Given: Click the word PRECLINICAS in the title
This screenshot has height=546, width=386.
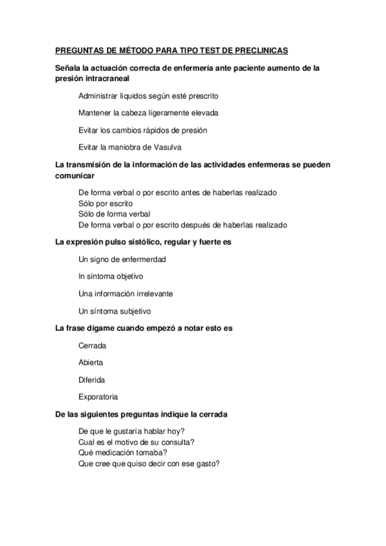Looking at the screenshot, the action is pyautogui.click(x=263, y=50).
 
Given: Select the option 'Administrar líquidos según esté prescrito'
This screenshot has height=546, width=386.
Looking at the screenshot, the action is pyautogui.click(x=148, y=96).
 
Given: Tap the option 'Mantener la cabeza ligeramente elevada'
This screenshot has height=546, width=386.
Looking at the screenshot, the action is pyautogui.click(x=148, y=113).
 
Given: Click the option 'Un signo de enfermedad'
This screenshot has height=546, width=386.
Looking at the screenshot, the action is pyautogui.click(x=122, y=259).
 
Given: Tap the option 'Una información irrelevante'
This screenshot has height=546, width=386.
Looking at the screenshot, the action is pyautogui.click(x=125, y=294).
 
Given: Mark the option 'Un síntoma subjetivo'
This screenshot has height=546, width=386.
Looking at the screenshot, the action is pyautogui.click(x=114, y=311).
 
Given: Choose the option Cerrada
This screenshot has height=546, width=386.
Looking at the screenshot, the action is pyautogui.click(x=92, y=346).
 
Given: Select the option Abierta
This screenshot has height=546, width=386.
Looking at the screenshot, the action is pyautogui.click(x=90, y=362).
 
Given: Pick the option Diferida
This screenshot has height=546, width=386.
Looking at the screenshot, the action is pyautogui.click(x=92, y=380).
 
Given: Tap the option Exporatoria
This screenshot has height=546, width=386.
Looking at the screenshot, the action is pyautogui.click(x=98, y=397).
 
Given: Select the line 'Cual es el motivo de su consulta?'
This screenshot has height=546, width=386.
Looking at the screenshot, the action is pyautogui.click(x=137, y=441).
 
